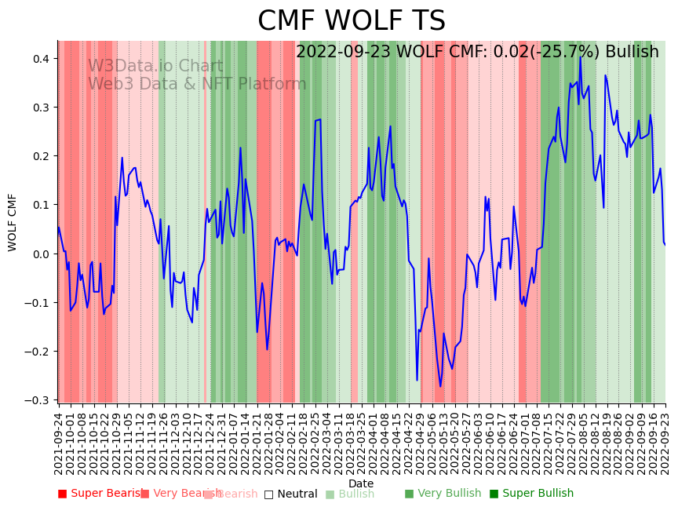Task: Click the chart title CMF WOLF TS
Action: coord(352,21)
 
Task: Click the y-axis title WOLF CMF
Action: coord(13,222)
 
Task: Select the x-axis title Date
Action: coord(361,483)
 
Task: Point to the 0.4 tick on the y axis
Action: coord(41,59)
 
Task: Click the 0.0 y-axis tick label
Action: coord(41,253)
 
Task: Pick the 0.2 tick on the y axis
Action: coord(41,156)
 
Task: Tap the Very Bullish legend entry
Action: coord(443,494)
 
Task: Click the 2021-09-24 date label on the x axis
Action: coord(58,443)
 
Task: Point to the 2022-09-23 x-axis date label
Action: coord(666,443)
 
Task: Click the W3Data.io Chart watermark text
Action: coord(155,67)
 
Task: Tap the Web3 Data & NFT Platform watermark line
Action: coord(197,84)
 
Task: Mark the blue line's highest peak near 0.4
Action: coord(581,57)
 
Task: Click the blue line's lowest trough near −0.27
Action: coord(440,386)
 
